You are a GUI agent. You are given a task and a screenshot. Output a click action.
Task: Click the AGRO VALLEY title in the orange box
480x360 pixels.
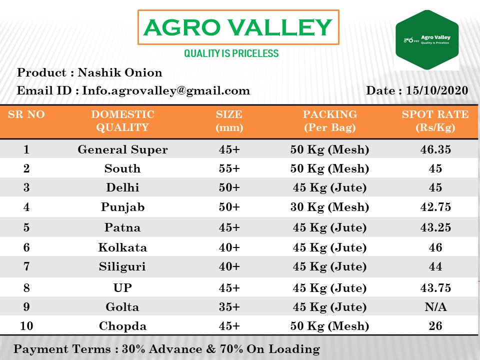point(238,27)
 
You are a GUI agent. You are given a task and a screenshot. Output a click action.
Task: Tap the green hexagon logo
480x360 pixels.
point(427,40)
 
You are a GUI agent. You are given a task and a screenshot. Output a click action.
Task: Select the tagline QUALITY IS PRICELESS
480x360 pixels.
point(231,53)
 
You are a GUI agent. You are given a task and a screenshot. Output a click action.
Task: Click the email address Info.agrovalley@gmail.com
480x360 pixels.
point(166,90)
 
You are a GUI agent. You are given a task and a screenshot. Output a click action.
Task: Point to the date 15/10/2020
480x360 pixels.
point(437,90)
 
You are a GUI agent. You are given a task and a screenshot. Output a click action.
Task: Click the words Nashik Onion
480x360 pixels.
point(120,72)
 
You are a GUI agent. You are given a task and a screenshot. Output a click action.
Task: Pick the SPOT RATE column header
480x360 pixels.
point(435,120)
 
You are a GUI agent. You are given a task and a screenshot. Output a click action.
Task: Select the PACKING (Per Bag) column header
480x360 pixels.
point(330,120)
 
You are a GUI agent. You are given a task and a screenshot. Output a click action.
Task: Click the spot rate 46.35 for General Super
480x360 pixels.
point(435,149)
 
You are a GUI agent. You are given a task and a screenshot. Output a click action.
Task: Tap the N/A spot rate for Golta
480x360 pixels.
point(435,306)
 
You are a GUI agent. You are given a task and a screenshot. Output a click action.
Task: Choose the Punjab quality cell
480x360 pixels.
point(123,207)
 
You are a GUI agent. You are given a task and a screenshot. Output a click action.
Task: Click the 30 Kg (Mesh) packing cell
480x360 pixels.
point(329,207)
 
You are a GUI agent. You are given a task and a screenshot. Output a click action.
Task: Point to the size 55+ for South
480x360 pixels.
point(229,168)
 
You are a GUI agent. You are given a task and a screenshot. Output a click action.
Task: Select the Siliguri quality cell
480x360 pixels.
point(122,266)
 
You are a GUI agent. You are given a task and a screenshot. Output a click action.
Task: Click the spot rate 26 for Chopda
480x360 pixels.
point(435,325)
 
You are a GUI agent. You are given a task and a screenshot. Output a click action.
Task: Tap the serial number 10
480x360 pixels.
point(26,325)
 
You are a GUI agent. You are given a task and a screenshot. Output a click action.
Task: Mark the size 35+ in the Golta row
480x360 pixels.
point(229,306)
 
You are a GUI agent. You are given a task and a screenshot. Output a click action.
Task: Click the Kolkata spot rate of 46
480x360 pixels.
point(435,247)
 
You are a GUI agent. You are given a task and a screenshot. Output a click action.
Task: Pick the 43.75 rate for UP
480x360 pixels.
point(435,288)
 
